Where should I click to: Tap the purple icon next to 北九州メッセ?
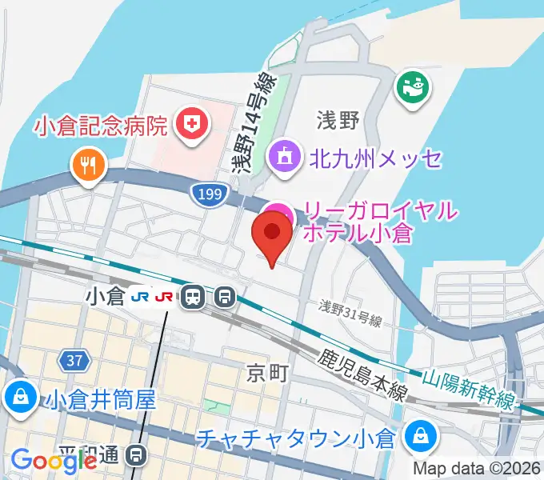coord(284,157)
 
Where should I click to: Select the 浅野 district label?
coord(338,121)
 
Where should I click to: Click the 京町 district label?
coord(265,372)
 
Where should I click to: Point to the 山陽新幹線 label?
coord(468,389)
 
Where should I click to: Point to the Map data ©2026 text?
coord(476,469)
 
